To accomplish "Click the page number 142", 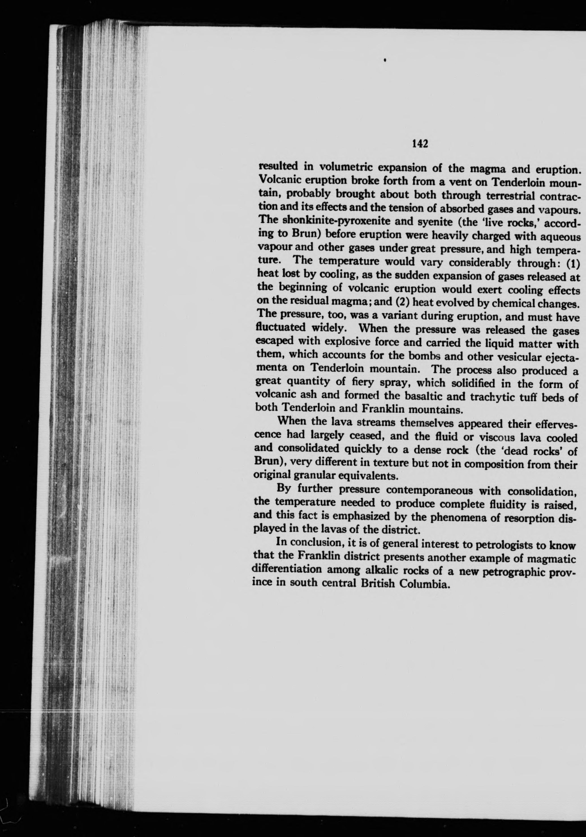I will coord(419,144).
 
